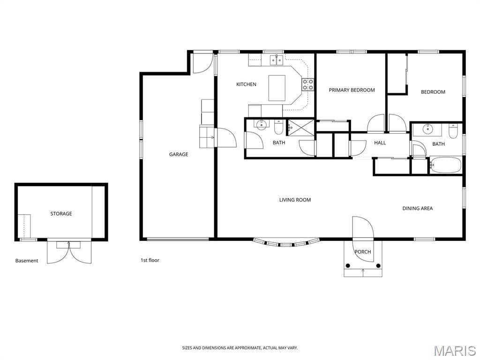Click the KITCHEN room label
[x=246, y=84]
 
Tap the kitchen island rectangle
[x=277, y=88]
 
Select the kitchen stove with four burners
[x=308, y=84]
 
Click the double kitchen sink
[x=277, y=60]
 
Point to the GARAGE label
[x=179, y=154]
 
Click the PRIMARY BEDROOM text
[x=352, y=90]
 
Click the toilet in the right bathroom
[x=453, y=131]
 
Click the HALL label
[x=380, y=142]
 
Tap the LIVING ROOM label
[x=295, y=200]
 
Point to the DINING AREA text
[x=418, y=209]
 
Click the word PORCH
[x=363, y=252]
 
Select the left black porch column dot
[x=347, y=265]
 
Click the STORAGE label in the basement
[x=61, y=214]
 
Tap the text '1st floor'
[x=150, y=260]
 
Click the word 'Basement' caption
[x=27, y=261]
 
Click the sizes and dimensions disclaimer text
[x=240, y=348]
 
